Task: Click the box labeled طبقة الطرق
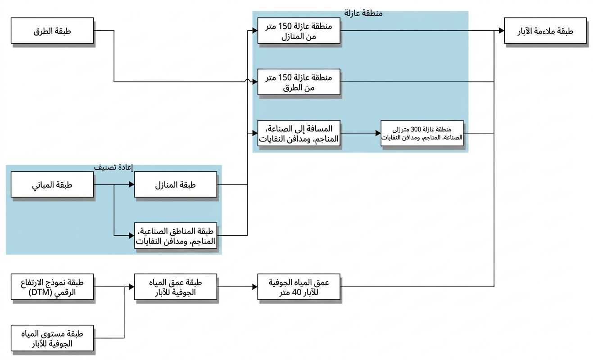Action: pyautogui.click(x=52, y=31)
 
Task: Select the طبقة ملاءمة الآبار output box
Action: pyautogui.click(x=545, y=31)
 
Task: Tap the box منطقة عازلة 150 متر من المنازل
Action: pyautogui.click(x=299, y=31)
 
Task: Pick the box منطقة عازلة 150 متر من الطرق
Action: pyautogui.click(x=299, y=82)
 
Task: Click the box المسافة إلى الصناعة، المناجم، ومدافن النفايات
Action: pyautogui.click(x=299, y=133)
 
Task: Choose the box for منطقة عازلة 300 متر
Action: pyautogui.click(x=422, y=133)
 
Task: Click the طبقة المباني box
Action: pyautogui.click(x=52, y=184)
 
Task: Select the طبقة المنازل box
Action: pyautogui.click(x=176, y=184)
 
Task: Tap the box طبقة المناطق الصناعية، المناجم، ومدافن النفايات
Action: pyautogui.click(x=176, y=236)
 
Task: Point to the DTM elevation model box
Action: pyautogui.click(x=52, y=287)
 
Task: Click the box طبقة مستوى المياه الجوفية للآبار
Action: pyautogui.click(x=52, y=338)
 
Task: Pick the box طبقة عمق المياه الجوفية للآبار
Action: pyautogui.click(x=176, y=287)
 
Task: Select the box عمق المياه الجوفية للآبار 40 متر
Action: pyautogui.click(x=299, y=287)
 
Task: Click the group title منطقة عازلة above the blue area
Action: pyautogui.click(x=363, y=13)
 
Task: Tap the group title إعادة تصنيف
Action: pyautogui.click(x=113, y=167)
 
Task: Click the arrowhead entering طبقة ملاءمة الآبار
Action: pyautogui.click(x=502, y=31)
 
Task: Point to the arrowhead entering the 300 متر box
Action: pyautogui.click(x=378, y=133)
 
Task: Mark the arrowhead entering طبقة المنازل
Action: pyautogui.click(x=131, y=184)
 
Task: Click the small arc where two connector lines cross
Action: pyautogui.click(x=248, y=80)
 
